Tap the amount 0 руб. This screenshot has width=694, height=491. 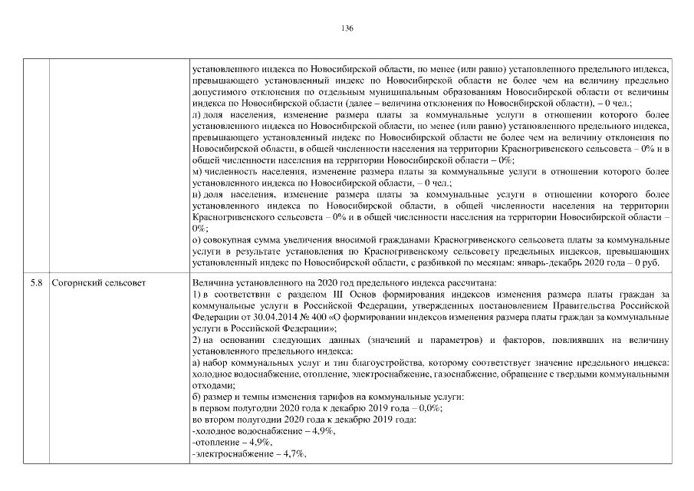pos(657,262)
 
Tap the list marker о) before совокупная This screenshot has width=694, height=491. pos(196,240)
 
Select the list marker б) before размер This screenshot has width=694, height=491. pos(196,397)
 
